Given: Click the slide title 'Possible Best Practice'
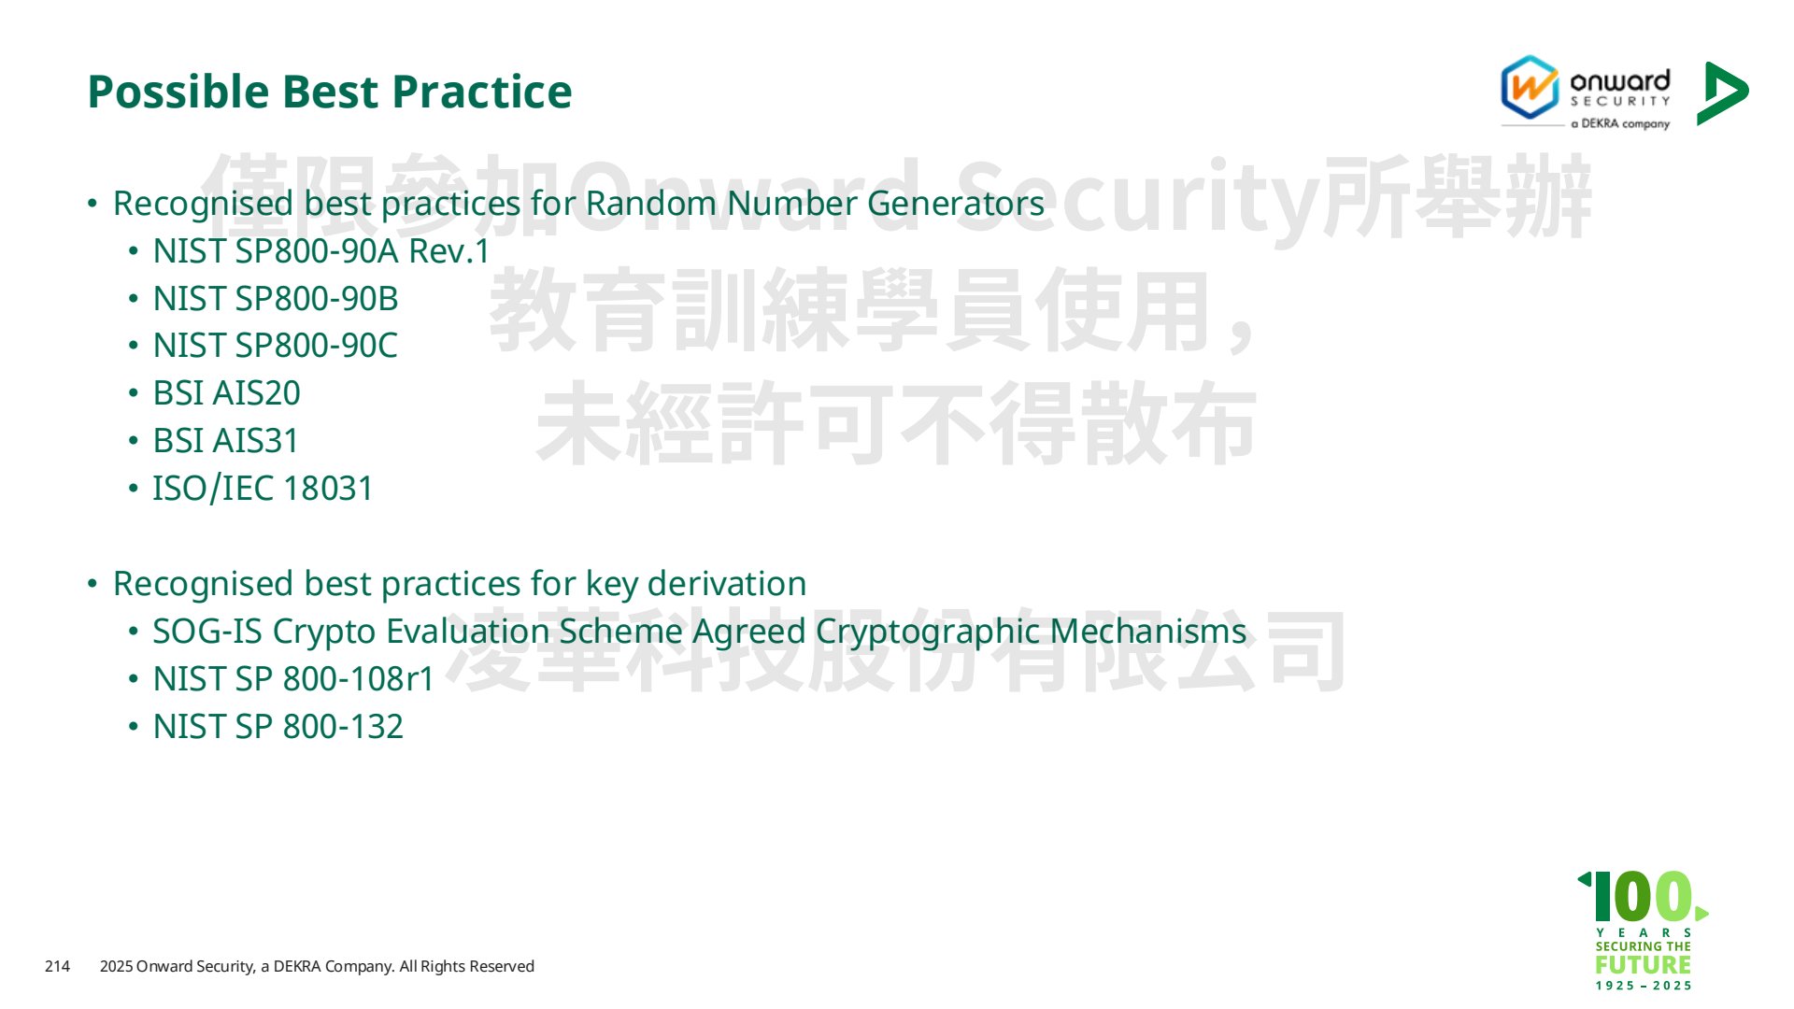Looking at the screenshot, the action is tap(329, 92).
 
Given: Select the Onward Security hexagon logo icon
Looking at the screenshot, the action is tap(1530, 87).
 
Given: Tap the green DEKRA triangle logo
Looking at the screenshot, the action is tap(1722, 93).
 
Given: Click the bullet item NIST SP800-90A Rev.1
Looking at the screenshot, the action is tap(321, 251).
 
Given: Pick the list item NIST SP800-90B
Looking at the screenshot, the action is tap(276, 299).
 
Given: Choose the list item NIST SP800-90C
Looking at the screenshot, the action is tap(276, 346).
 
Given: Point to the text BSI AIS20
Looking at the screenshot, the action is tap(227, 393).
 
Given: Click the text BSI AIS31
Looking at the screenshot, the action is tap(226, 441).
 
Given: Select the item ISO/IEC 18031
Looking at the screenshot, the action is tap(263, 489).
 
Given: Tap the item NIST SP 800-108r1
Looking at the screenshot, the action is tap(293, 679).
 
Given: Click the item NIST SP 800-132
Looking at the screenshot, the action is tap(278, 727).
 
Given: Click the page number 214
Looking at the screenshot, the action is tap(57, 966).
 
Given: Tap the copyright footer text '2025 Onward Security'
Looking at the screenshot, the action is tap(177, 966).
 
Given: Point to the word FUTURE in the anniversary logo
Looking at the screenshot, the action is tap(1644, 964).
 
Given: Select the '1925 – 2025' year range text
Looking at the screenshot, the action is tap(1644, 986).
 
